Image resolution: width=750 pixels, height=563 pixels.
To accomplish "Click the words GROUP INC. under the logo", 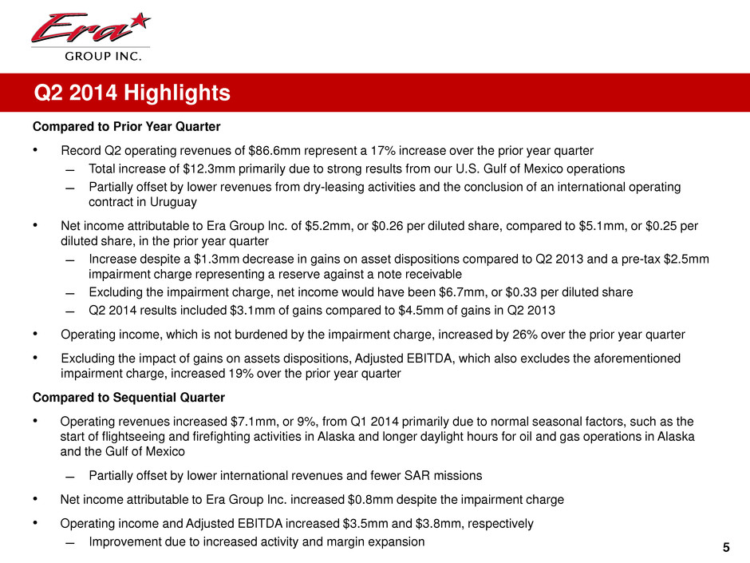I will [90, 56].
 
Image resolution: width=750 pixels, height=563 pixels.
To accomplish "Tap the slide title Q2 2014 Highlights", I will [132, 94].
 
